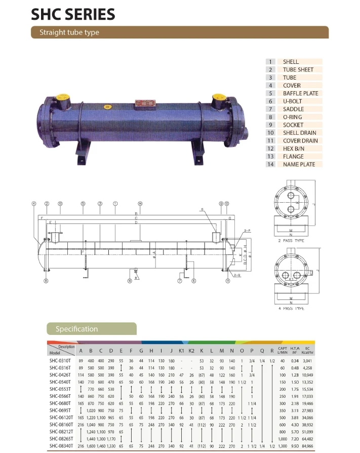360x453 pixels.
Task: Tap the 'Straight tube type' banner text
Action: click(x=69, y=32)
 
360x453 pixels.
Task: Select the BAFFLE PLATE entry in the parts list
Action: click(x=300, y=93)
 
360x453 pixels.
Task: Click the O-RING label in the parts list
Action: click(x=293, y=117)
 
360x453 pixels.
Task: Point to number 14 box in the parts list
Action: click(x=271, y=164)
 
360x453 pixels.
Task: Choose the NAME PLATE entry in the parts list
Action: click(x=299, y=164)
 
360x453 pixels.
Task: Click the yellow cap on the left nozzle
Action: click(x=61, y=96)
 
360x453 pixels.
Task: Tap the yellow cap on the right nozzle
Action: click(x=219, y=96)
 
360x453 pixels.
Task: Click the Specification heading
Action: click(x=77, y=329)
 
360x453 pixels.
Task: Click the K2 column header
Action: click(x=191, y=351)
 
